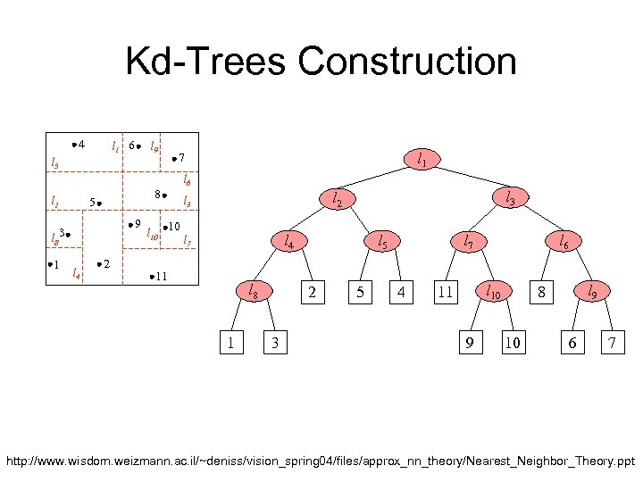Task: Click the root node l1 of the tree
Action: point(421,160)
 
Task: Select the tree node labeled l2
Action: point(336,201)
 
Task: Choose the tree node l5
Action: point(382,240)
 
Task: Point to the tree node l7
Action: point(467,241)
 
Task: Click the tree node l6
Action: point(564,240)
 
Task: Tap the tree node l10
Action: point(492,291)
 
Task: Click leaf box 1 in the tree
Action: point(232,342)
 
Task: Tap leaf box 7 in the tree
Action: point(612,342)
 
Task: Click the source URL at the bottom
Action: point(321,463)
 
